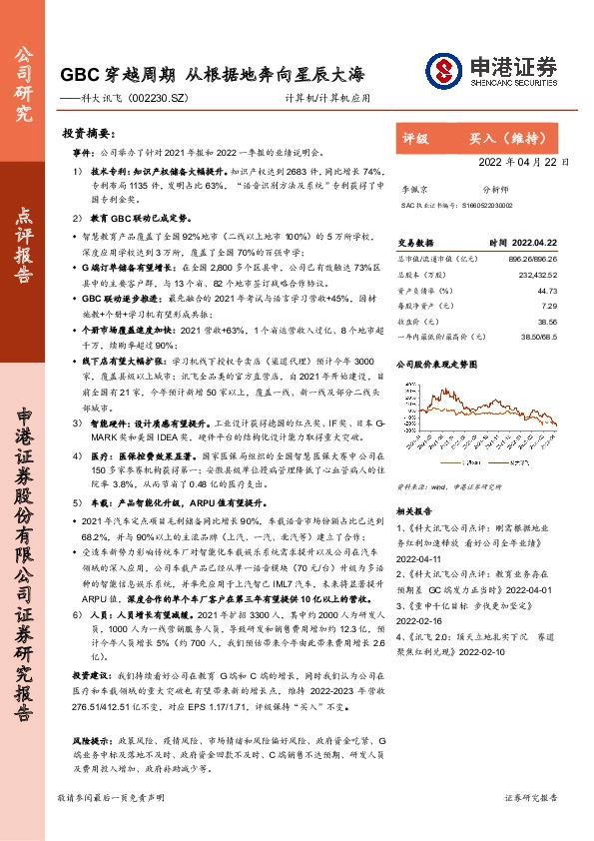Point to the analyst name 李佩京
pos(412,187)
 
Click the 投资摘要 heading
pos(81,132)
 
